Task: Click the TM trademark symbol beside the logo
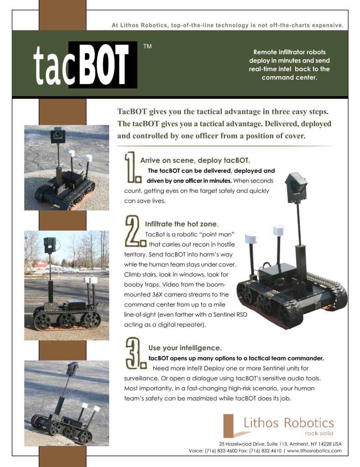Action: coord(147,46)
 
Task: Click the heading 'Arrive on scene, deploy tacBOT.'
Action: coord(195,160)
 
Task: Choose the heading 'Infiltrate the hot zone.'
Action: coord(182,224)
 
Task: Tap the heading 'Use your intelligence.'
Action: coord(185,348)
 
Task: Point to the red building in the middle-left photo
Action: coord(41,265)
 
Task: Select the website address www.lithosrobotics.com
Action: coord(314,451)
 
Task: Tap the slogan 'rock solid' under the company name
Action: coord(319,433)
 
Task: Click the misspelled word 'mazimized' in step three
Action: coord(202,399)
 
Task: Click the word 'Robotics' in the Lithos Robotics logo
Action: coord(308,423)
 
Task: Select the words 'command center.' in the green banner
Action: coord(289,78)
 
